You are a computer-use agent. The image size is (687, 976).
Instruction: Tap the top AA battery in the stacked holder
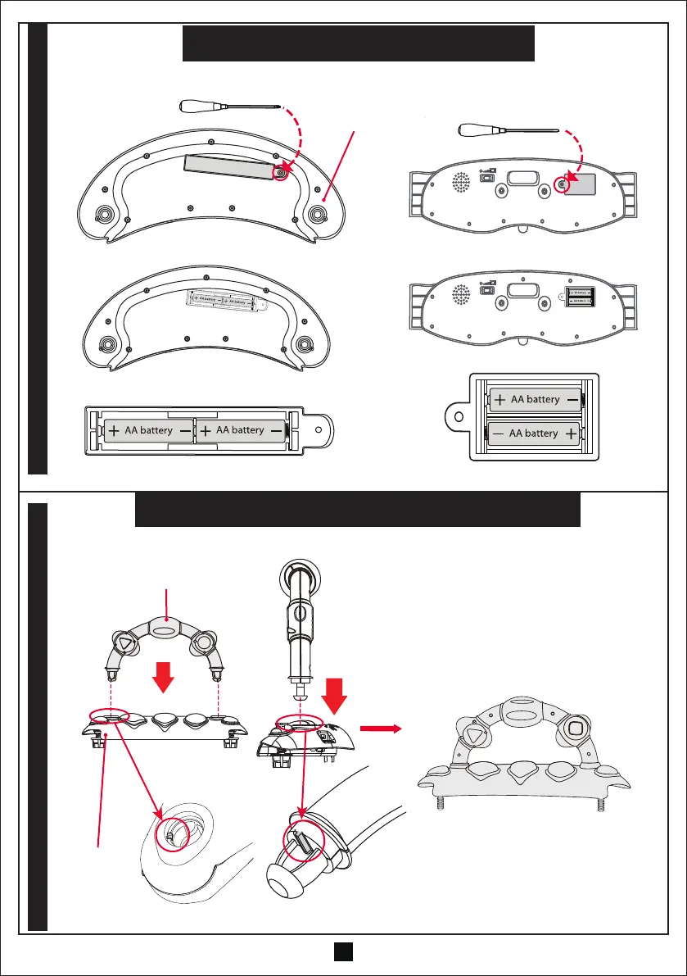[536, 400]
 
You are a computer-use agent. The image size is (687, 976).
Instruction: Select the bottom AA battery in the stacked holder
[536, 433]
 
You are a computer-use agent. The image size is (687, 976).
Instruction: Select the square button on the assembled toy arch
[575, 728]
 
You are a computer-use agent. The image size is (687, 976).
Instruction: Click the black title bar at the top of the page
[358, 43]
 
